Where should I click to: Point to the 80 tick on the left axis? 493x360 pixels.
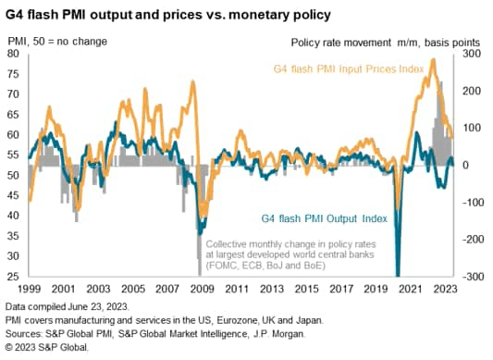click(x=16, y=53)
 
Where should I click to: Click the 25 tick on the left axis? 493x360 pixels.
click(x=16, y=276)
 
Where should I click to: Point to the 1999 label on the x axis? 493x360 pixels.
click(x=29, y=288)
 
